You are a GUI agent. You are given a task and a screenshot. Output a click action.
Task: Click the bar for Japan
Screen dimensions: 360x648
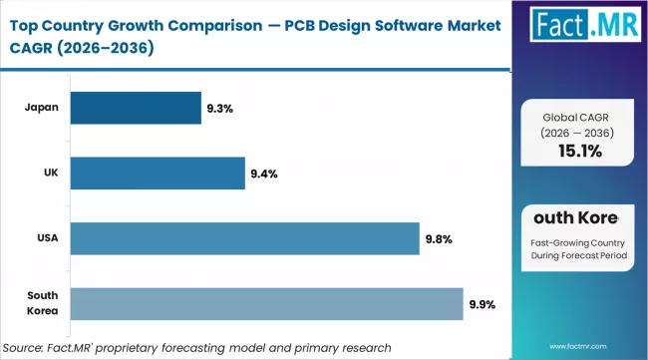tap(136, 108)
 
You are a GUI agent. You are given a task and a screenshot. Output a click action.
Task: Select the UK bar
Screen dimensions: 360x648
tap(158, 173)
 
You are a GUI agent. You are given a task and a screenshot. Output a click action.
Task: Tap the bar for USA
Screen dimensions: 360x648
tap(244, 238)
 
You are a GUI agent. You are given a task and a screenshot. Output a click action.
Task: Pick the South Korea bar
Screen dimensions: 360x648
tap(266, 304)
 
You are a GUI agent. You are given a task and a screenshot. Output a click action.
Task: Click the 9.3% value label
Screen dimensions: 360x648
tap(219, 108)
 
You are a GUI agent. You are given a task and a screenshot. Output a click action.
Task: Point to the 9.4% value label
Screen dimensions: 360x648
tap(263, 174)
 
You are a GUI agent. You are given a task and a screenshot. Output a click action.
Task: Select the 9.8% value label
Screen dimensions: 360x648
tap(438, 239)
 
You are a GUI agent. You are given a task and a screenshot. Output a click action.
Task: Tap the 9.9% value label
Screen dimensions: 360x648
tap(482, 304)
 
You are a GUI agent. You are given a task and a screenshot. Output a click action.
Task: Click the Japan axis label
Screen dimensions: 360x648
tap(41, 108)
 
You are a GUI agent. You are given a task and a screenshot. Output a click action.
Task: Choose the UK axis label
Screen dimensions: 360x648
tap(49, 173)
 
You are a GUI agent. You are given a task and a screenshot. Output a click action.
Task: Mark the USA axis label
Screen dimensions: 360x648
tap(46, 238)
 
